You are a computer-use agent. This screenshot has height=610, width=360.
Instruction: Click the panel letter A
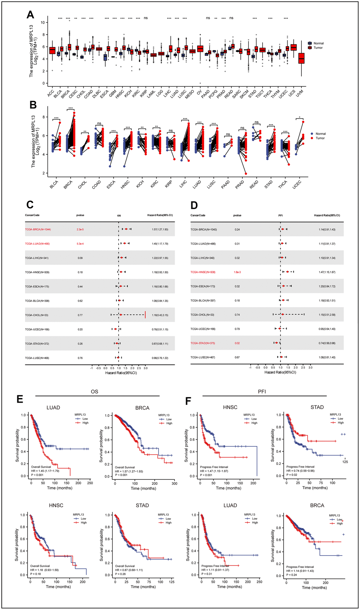pyautogui.click(x=30, y=15)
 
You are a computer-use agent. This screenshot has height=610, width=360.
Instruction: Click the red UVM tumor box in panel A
pyautogui.click(x=301, y=58)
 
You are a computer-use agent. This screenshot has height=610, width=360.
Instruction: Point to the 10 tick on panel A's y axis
pyautogui.click(x=43, y=23)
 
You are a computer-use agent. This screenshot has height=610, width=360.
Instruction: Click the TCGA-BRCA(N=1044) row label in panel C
pyautogui.click(x=38, y=230)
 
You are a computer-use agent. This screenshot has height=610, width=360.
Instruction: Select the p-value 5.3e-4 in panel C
pyautogui.click(x=80, y=244)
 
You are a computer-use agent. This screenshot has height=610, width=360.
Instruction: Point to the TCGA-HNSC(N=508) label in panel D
pyautogui.click(x=203, y=272)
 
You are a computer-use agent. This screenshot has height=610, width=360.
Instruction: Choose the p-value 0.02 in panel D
pyautogui.click(x=237, y=343)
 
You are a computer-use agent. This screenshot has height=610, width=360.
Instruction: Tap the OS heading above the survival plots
pyautogui.click(x=94, y=392)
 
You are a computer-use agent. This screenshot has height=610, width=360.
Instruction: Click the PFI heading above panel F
pyautogui.click(x=262, y=392)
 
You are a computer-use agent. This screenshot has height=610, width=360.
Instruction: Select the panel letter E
pyautogui.click(x=20, y=399)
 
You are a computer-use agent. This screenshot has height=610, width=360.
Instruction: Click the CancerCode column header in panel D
pyautogui.click(x=198, y=215)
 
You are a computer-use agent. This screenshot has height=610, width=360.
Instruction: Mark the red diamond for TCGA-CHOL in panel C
pyautogui.click(x=121, y=315)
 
